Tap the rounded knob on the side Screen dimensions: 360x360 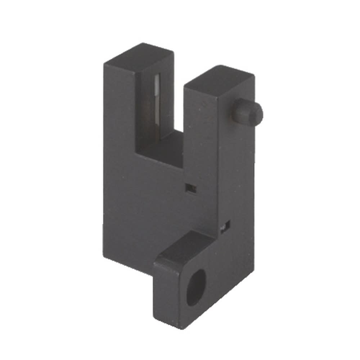tap(247, 112)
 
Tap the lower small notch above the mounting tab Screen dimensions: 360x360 tap(226, 226)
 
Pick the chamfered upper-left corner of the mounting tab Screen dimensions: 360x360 tap(157, 260)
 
